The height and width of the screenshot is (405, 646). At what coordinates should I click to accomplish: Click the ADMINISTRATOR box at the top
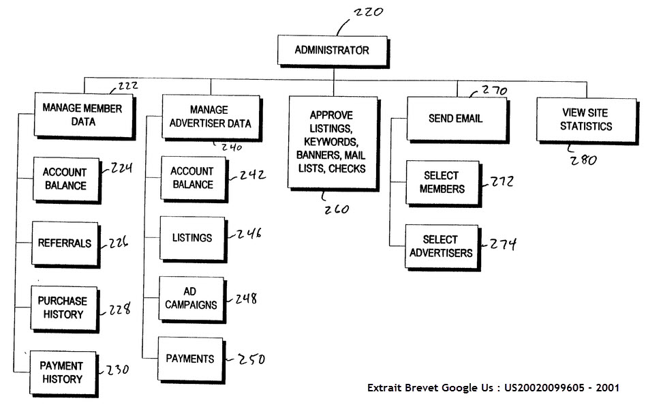[x=333, y=51]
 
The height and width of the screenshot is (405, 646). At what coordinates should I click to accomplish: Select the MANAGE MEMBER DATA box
[x=84, y=116]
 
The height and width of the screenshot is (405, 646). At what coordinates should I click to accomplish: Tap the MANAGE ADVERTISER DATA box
[x=211, y=118]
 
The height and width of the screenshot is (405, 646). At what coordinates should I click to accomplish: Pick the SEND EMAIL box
[x=457, y=119]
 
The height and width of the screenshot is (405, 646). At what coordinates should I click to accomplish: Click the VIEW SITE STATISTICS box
[x=587, y=121]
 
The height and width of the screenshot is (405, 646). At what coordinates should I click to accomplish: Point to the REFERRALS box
[x=66, y=245]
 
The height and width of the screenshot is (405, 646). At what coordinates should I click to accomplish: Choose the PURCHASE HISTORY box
[x=65, y=309]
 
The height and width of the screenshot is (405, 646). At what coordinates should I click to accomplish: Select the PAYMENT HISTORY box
[x=64, y=374]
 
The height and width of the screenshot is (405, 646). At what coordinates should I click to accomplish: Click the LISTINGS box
[x=194, y=239]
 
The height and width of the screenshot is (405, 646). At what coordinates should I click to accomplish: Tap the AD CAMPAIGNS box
[x=192, y=299]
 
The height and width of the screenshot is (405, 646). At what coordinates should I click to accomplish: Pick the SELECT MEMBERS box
[x=444, y=183]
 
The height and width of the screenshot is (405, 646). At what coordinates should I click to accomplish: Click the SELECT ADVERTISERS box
[x=442, y=247]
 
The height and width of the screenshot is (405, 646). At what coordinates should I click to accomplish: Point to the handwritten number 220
[x=369, y=12]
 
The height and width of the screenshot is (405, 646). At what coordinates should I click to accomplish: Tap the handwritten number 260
[x=337, y=209]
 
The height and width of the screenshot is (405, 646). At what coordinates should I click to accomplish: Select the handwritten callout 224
[x=121, y=168]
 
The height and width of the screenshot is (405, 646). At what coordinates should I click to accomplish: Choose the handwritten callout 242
[x=253, y=175]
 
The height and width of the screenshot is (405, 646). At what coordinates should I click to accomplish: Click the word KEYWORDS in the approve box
[x=331, y=142]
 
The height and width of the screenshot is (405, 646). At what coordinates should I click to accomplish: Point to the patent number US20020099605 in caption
[x=544, y=388]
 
